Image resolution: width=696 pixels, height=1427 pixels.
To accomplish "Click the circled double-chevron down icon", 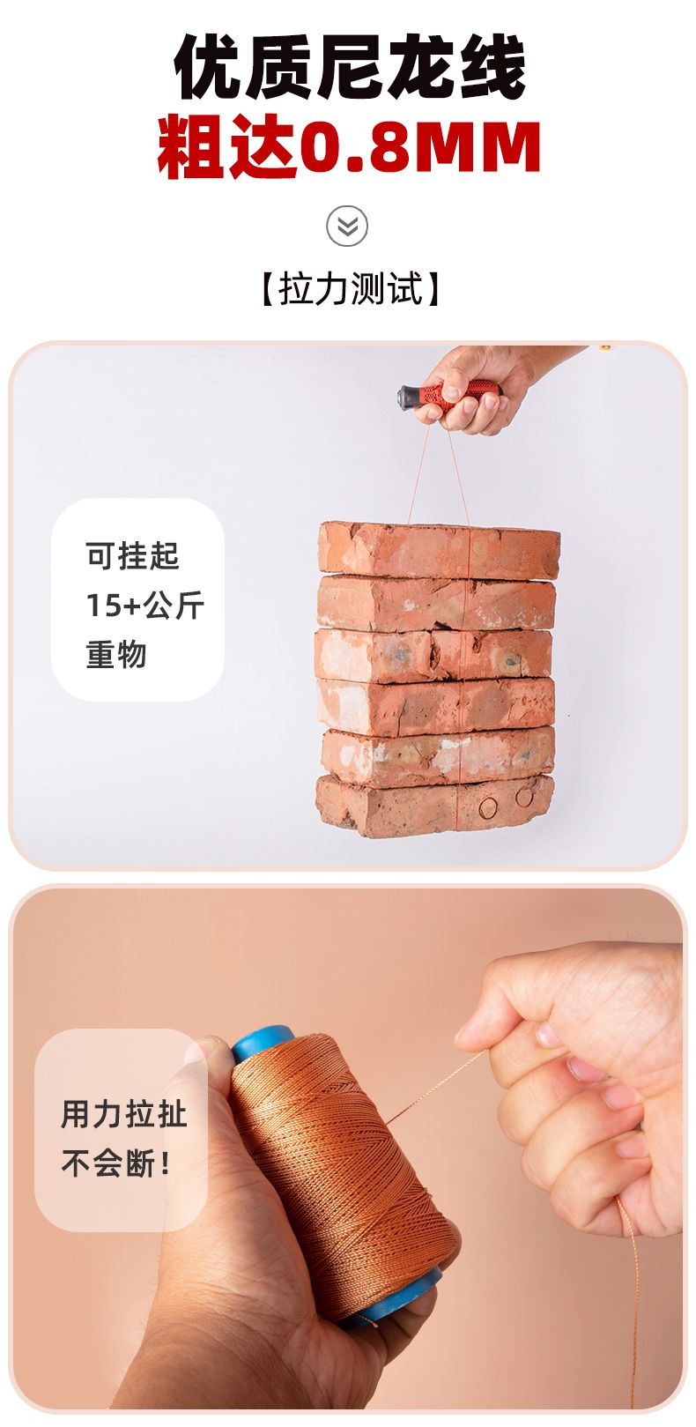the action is [347, 226].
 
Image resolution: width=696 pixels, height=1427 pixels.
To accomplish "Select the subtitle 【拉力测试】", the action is [350, 288].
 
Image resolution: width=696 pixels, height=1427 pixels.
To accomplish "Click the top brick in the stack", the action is [439, 550].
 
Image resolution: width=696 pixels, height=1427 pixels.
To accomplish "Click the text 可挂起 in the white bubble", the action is [132, 556].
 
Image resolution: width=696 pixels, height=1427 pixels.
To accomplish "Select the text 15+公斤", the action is [145, 606].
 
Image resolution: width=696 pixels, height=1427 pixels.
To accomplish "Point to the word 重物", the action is [116, 654].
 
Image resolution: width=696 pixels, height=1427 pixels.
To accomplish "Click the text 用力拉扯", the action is [124, 1114].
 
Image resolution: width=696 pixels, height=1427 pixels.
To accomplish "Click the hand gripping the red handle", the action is [479, 385].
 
